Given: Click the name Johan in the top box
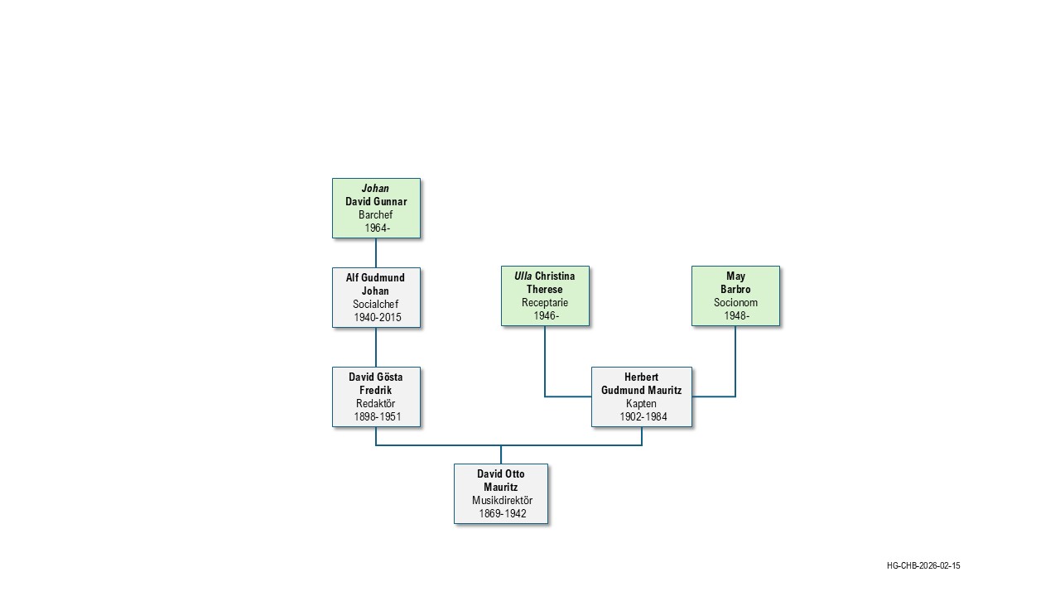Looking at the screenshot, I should pos(375,189).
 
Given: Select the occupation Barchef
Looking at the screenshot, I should pos(376,215).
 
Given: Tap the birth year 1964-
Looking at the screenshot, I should pos(377,228).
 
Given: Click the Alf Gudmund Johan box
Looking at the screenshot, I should pos(376,297).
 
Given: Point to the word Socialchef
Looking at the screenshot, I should pos(376,305).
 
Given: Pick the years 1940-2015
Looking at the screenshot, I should pos(377,318).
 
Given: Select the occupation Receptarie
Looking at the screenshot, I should pos(545,303).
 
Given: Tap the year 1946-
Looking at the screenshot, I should pos(546,316).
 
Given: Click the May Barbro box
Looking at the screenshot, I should pos(735,296).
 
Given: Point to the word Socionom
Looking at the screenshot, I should pos(735,303).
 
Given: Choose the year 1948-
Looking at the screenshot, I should pos(736,316).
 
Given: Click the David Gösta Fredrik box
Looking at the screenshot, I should pos(376,397).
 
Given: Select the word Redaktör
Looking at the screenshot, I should pos(376,404).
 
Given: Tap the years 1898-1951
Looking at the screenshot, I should pos(377,417).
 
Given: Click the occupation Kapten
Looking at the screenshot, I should pos(641,404).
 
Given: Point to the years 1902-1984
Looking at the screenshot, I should pos(643,417).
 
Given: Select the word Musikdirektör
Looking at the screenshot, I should pos(502,501).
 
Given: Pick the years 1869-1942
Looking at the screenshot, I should pos(502,514).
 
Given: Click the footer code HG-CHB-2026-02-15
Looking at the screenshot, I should pos(923,566).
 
